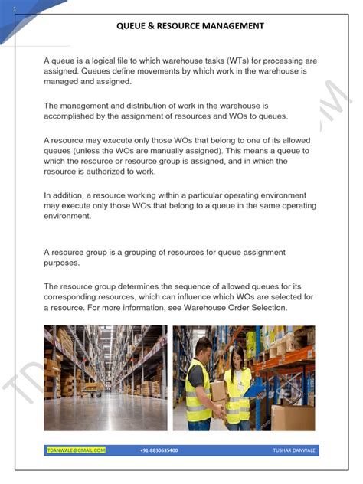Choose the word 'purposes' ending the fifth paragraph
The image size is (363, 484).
click(61, 263)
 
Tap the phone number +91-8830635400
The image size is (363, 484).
click(159, 450)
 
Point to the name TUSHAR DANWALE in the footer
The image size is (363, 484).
click(293, 450)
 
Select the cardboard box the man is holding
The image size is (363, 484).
click(219, 391)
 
